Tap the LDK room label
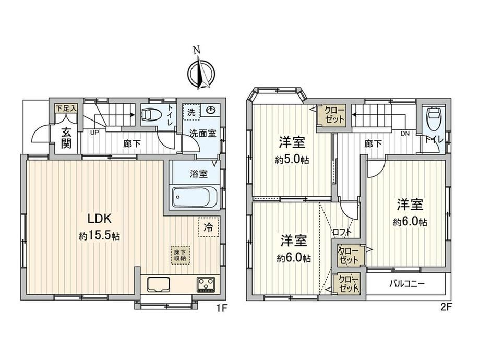pos(99,219)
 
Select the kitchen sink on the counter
pos(159,284)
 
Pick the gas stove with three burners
pos(206,284)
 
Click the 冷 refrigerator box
pos(209,227)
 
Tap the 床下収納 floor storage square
pos(180,255)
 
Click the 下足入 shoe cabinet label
pos(66,108)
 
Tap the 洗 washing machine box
pos(191,112)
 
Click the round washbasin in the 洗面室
pos(211,110)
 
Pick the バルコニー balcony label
pos(407,284)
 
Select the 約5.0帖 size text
pos(292,160)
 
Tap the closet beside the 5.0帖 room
pos(331,115)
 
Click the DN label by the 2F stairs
pos(405,134)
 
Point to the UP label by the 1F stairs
pos(94,133)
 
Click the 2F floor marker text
pos(446,307)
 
